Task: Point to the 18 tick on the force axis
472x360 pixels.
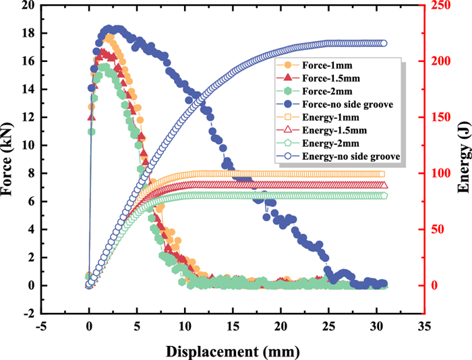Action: [29, 33]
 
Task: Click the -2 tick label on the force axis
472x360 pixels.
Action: [29, 313]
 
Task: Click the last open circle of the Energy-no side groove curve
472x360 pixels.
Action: [384, 43]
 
